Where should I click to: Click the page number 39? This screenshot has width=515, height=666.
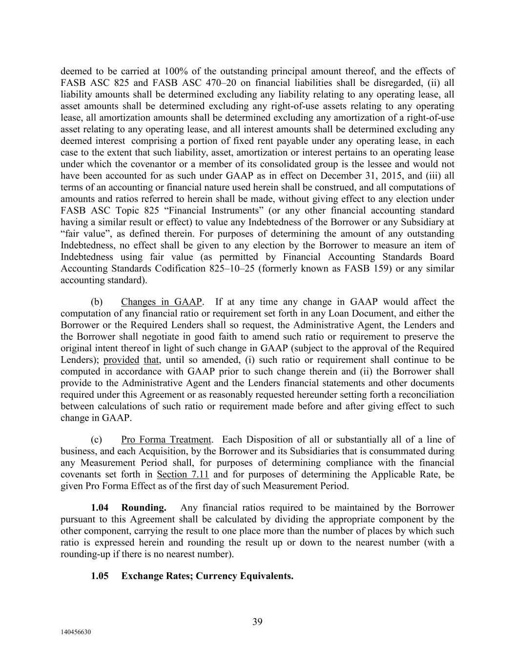tap(257, 621)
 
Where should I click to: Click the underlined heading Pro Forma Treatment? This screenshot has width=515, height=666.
tap(166, 440)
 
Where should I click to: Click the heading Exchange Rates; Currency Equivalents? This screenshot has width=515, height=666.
tap(207, 576)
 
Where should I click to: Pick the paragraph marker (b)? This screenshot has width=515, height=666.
tap(97, 302)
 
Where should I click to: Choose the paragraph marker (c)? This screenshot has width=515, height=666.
tap(97, 440)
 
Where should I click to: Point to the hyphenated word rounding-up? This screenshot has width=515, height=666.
tap(82, 554)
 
